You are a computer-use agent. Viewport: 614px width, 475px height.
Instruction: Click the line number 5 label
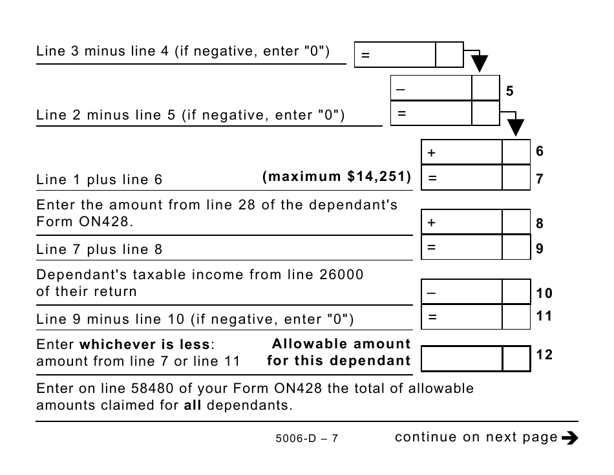click(x=509, y=92)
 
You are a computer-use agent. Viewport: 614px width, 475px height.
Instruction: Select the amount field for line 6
click(x=461, y=153)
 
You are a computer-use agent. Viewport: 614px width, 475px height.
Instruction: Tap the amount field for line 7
click(x=461, y=178)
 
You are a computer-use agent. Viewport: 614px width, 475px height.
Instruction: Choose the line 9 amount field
click(x=461, y=247)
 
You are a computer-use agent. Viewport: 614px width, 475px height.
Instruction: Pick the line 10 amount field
click(x=461, y=291)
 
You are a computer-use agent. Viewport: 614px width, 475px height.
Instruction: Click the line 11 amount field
click(x=461, y=317)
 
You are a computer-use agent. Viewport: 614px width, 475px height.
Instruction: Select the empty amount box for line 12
click(x=461, y=358)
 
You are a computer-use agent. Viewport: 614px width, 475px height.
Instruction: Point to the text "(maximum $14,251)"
click(x=337, y=176)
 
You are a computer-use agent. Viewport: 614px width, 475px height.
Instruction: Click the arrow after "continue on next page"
click(x=569, y=438)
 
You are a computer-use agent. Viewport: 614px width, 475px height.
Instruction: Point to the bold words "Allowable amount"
click(x=341, y=344)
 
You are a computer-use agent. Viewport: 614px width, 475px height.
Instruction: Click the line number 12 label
click(x=544, y=354)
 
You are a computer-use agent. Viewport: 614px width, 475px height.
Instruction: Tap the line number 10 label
click(x=544, y=293)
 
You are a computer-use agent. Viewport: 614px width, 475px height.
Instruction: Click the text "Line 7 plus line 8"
click(x=100, y=249)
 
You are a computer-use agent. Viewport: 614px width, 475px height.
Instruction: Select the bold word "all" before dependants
click(x=193, y=405)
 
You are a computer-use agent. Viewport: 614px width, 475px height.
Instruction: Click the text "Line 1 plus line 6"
click(x=100, y=180)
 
